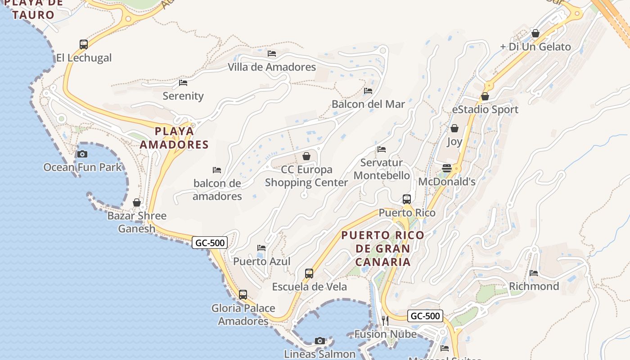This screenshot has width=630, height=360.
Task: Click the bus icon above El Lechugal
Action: (84, 44)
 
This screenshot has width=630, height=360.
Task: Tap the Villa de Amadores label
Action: (272, 67)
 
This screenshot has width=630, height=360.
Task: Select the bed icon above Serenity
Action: (183, 83)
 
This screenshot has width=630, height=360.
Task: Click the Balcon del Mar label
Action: (368, 104)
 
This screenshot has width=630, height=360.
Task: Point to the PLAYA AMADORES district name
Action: (174, 138)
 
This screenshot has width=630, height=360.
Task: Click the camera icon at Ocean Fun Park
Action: (82, 154)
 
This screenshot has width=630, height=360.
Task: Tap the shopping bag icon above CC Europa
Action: (306, 156)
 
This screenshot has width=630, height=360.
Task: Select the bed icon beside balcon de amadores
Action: (217, 170)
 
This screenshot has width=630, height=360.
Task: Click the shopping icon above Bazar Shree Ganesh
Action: (137, 202)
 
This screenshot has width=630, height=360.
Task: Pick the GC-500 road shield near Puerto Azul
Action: (210, 243)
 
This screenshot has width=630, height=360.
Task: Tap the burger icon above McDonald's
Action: (447, 168)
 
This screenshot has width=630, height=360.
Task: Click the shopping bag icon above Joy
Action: (454, 128)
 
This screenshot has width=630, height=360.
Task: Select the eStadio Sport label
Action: (485, 109)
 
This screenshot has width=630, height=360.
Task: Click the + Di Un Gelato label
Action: (535, 47)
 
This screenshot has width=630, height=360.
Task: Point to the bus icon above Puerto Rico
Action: (407, 199)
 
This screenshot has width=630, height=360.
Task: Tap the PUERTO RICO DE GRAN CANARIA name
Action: (383, 248)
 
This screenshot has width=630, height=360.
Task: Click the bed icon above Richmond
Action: (534, 273)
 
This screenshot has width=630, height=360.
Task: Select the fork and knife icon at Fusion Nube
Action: (385, 320)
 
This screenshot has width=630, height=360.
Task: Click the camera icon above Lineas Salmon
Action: (320, 341)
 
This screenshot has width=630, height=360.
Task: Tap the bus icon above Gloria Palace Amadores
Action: (243, 295)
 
